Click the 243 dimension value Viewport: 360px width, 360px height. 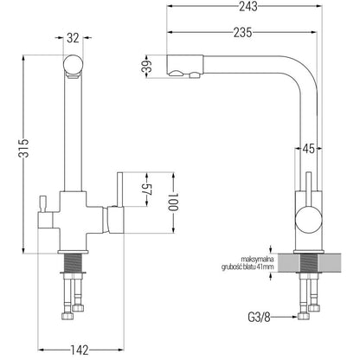[248, 6]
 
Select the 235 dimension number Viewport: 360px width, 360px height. [242, 33]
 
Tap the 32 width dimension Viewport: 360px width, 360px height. [73, 38]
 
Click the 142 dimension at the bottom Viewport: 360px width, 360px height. [80, 350]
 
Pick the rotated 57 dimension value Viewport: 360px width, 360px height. [147, 190]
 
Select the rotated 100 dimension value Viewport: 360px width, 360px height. [173, 202]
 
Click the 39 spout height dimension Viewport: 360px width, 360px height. [147, 67]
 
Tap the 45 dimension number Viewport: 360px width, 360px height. [308, 149]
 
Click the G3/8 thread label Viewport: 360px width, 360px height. [259, 318]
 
